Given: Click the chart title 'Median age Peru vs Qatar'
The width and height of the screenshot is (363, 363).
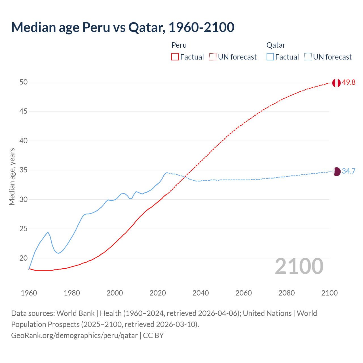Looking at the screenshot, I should pyautogui.click(x=123, y=27).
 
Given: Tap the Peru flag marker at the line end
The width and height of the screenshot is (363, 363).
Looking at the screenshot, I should pyautogui.click(x=336, y=83).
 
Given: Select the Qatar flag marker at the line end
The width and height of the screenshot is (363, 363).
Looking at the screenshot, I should pyautogui.click(x=336, y=171).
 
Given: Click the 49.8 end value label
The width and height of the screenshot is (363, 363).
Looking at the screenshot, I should pyautogui.click(x=349, y=83).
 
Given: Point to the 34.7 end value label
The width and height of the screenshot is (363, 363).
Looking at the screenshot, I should pyautogui.click(x=349, y=171).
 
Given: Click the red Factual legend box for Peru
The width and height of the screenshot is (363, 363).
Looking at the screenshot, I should pyautogui.click(x=175, y=57).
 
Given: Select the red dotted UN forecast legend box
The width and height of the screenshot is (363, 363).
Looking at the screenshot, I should pyautogui.click(x=213, y=57).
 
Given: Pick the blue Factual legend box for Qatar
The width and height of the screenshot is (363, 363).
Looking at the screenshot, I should pyautogui.click(x=270, y=57).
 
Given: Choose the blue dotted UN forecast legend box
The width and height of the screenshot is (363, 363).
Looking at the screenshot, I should pyautogui.click(x=308, y=57).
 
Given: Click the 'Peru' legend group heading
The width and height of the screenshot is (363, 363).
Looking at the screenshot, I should pyautogui.click(x=179, y=45).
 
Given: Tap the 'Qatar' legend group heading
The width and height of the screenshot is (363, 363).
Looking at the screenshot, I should pyautogui.click(x=276, y=45).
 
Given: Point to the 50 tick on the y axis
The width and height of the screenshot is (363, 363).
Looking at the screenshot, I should pyautogui.click(x=24, y=82).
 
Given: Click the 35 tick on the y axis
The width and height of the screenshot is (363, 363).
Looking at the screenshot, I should pyautogui.click(x=24, y=170).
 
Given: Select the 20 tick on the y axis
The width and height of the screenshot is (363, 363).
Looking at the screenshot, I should pyautogui.click(x=24, y=258).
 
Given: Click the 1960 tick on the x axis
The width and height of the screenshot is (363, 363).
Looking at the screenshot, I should pyautogui.click(x=29, y=293).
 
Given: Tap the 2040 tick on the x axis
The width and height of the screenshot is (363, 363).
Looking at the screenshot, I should pyautogui.click(x=201, y=293).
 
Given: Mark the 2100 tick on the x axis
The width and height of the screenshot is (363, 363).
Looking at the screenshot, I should pyautogui.click(x=330, y=293).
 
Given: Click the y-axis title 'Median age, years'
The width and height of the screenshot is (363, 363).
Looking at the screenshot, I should pyautogui.click(x=12, y=176).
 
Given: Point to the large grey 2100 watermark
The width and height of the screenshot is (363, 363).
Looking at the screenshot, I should pyautogui.click(x=299, y=266).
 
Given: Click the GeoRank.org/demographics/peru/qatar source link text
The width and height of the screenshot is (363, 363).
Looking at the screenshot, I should pyautogui.click(x=74, y=335).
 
